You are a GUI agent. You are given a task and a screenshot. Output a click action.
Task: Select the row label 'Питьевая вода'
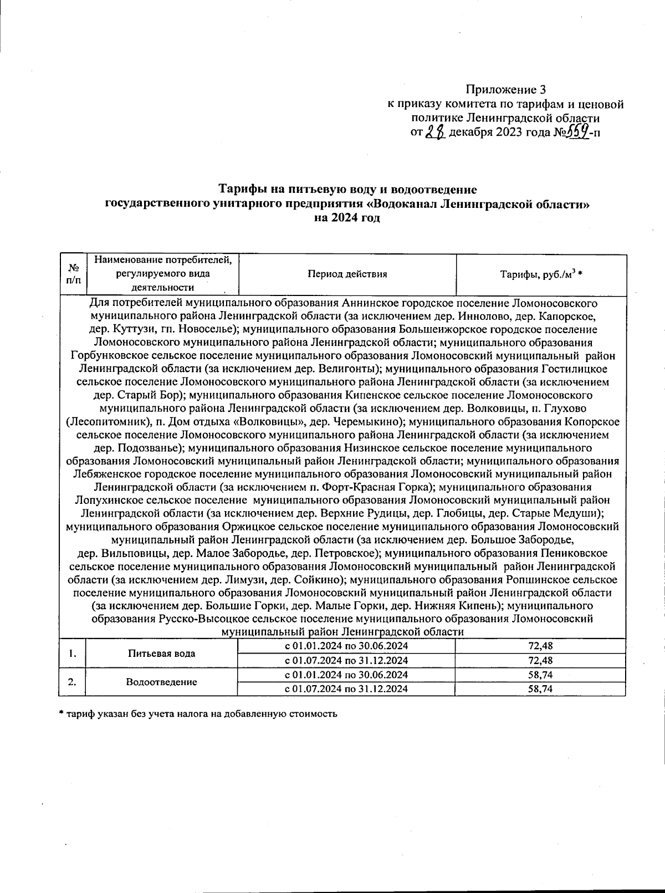(161, 653)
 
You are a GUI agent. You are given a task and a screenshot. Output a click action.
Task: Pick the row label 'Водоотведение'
(161, 682)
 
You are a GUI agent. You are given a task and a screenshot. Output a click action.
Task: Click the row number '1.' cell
(72, 653)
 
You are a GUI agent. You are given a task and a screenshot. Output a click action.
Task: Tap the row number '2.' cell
(72, 682)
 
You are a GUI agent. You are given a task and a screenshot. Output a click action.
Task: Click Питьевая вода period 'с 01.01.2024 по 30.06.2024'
(346, 646)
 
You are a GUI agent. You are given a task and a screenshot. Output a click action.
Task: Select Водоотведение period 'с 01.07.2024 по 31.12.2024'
(346, 689)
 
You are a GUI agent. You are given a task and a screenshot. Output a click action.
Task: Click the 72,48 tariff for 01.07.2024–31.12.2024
(540, 660)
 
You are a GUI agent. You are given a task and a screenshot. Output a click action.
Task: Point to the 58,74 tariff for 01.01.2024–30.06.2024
(540, 675)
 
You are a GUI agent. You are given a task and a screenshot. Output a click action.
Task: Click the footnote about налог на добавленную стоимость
(198, 713)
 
